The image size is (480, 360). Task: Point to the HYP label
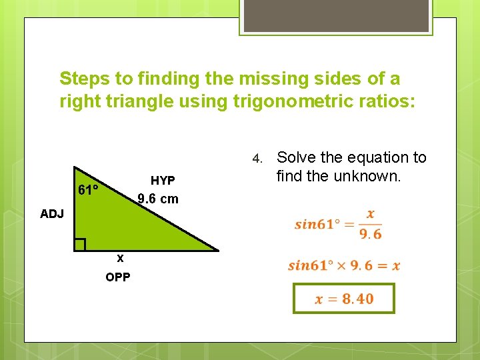point(163,181)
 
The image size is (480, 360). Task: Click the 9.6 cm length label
point(158,199)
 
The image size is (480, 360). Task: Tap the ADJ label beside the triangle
point(51,214)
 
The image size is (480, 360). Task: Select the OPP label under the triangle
point(118,277)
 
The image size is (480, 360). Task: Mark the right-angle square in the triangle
point(80,245)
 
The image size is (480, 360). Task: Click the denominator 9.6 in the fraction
point(371,234)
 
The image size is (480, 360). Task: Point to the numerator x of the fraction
point(371,215)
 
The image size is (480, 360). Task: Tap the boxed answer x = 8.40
point(344,299)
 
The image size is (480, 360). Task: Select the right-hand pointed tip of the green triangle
point(217,250)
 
